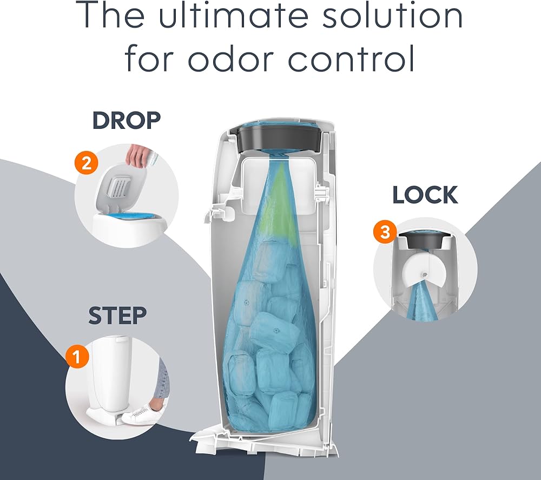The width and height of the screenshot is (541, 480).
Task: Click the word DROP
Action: pos(127,120)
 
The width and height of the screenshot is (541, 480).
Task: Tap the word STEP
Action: pos(117,315)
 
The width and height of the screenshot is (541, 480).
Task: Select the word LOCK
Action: pos(425,195)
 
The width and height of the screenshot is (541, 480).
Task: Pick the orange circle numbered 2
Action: pos(86,162)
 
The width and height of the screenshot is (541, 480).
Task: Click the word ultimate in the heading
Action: pos(233,16)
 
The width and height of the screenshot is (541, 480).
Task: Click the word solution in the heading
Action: pos(392,16)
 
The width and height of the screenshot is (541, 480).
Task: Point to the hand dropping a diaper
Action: pos(138,156)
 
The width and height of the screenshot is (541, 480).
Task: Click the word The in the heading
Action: pos(110,16)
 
